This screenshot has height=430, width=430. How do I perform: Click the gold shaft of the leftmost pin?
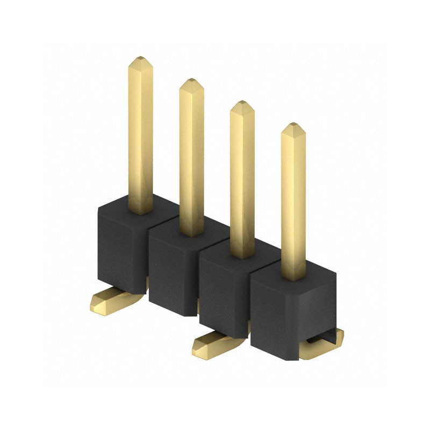[x=140, y=134]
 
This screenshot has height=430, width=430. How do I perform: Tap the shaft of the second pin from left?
[x=191, y=156]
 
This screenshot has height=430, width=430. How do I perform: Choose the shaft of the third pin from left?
[x=242, y=177]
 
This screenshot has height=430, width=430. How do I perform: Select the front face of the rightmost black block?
[x=277, y=312]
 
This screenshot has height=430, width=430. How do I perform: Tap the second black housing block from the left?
[x=172, y=269]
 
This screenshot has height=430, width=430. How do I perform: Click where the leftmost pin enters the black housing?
[x=140, y=211]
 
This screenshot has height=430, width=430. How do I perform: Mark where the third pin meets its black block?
[x=242, y=255]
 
